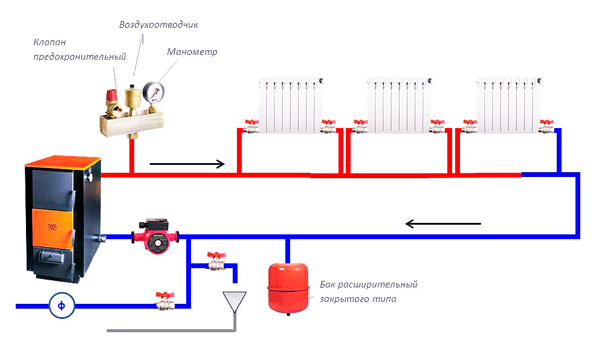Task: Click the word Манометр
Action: click(x=192, y=52)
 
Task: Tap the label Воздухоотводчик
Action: click(x=159, y=25)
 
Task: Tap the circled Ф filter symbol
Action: click(x=61, y=306)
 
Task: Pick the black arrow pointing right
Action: click(x=187, y=163)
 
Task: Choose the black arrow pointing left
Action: click(x=442, y=224)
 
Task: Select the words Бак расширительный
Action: click(x=368, y=284)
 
